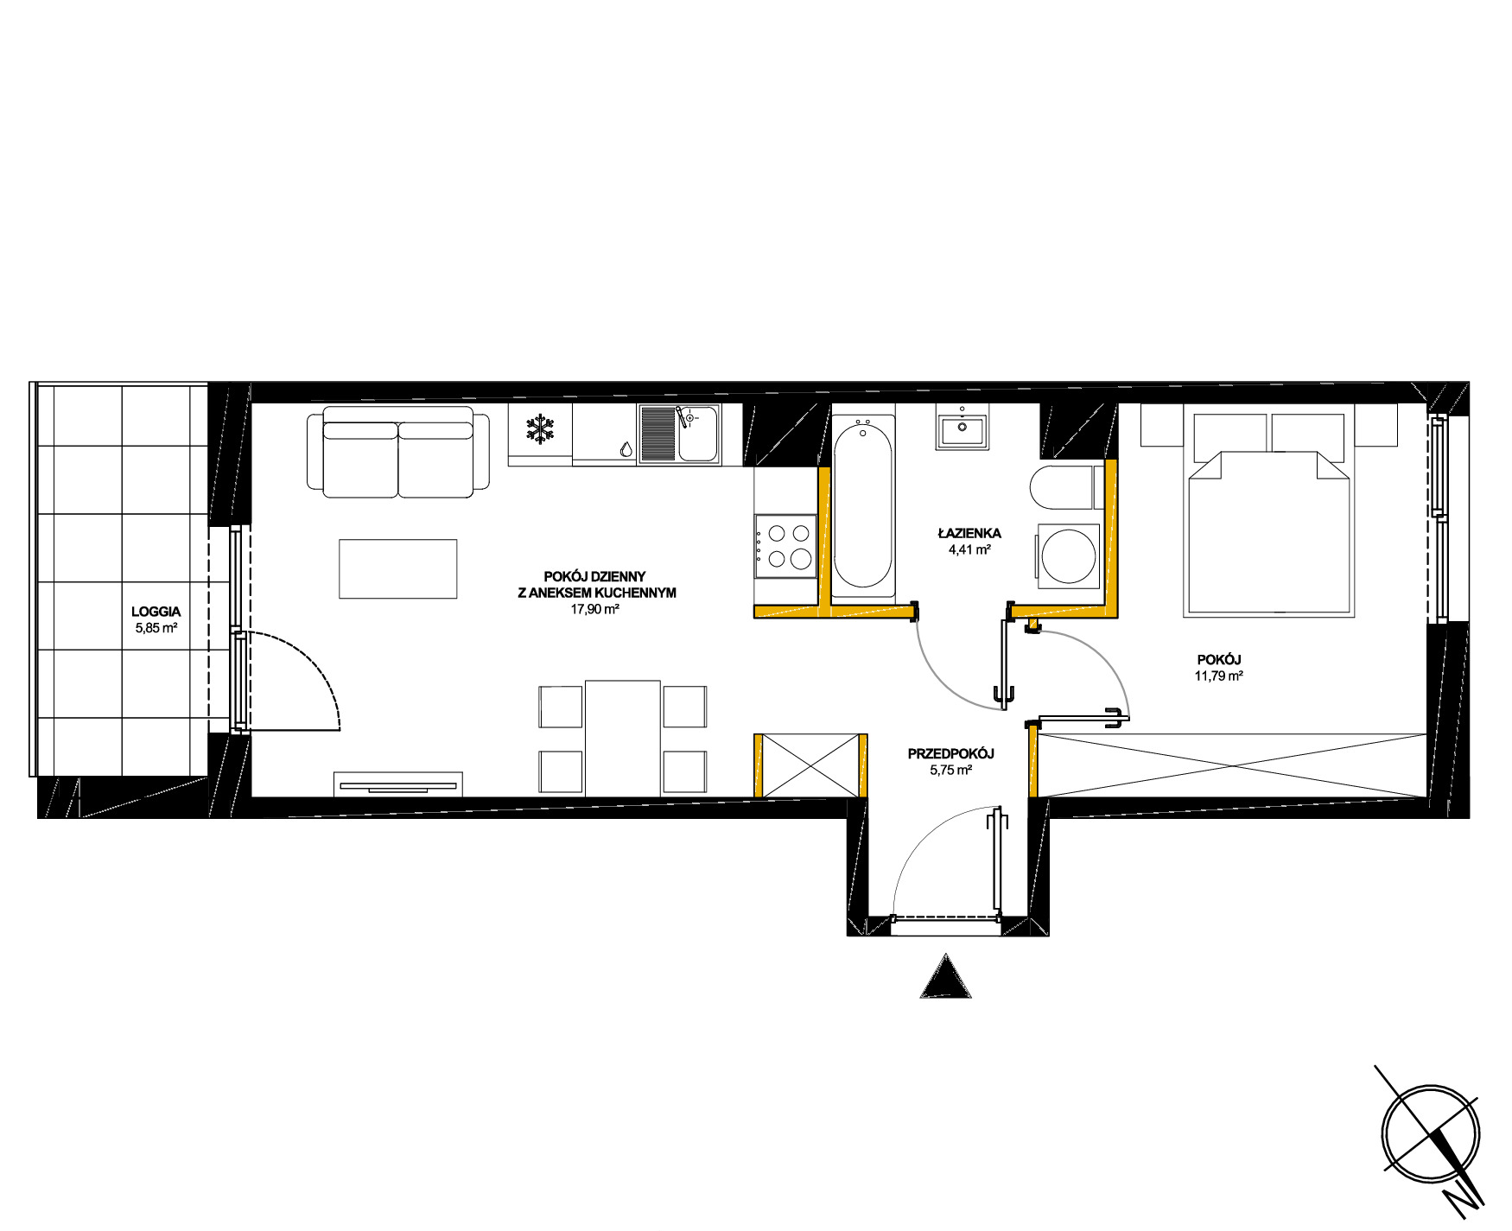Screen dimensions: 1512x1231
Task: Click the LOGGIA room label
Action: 156,612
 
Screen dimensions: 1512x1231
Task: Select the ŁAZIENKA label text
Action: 969,533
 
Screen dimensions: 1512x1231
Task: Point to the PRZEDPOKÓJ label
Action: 950,754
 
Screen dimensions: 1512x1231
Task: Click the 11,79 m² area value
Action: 1218,676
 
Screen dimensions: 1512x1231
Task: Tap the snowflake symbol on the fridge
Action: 541,429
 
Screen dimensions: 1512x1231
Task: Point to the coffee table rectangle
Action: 397,568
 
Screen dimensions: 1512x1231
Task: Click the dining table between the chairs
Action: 623,738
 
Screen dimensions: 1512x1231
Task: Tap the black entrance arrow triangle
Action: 946,976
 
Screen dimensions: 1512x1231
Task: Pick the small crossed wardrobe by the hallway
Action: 810,765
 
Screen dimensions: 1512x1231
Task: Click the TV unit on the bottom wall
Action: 398,784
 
